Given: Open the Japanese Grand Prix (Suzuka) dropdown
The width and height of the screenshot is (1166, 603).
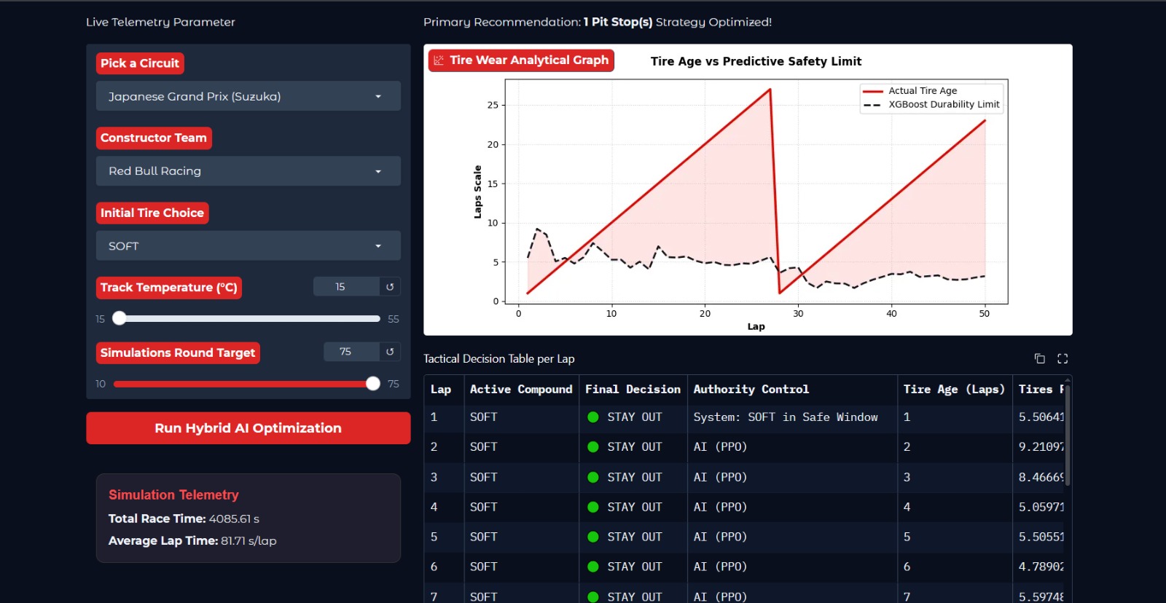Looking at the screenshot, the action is tap(249, 96).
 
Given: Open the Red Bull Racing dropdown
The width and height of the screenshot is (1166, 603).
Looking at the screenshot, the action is tap(249, 171).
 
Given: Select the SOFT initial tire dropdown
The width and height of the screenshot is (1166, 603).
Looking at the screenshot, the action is tap(249, 245).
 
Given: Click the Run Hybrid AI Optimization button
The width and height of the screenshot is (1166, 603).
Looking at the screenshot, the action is tap(249, 428).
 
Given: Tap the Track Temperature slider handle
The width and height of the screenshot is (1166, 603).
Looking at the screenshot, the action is tap(120, 318).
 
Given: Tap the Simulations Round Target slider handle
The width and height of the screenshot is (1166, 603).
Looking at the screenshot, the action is tap(372, 384).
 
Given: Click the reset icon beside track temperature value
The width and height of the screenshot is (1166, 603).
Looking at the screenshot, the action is tap(390, 287).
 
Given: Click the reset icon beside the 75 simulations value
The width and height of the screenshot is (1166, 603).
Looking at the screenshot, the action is tap(390, 352).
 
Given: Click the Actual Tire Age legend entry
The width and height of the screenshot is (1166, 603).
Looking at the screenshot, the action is tap(910, 90).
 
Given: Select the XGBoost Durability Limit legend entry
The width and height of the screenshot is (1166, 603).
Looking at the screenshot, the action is tap(931, 105).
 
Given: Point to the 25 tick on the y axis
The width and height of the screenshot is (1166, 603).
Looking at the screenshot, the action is tap(493, 105).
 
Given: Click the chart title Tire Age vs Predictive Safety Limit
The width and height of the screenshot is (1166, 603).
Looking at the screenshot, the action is tap(756, 61).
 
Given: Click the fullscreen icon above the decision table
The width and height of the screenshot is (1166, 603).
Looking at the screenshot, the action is tap(1063, 358).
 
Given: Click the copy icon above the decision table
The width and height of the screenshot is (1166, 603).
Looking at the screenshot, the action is tap(1039, 358).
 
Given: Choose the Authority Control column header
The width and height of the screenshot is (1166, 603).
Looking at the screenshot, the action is tap(751, 389).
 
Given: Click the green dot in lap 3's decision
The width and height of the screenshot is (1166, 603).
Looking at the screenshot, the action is tap(593, 477).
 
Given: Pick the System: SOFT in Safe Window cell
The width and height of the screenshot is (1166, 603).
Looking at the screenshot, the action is tap(786, 417).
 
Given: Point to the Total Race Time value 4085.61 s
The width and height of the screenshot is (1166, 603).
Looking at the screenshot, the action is tap(234, 519).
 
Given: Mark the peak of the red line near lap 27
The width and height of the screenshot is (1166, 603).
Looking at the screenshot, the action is tap(770, 90).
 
